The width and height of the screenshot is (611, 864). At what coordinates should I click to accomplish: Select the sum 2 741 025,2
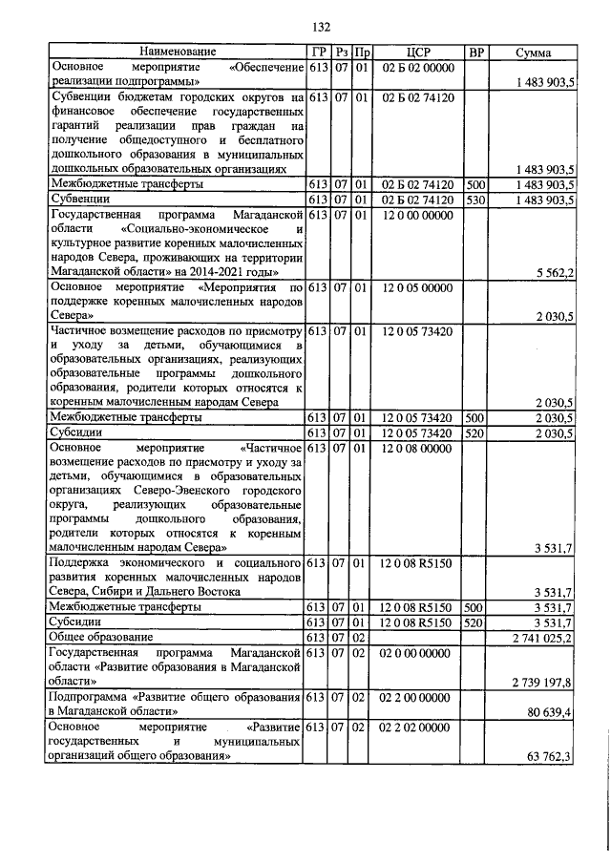pos(541,637)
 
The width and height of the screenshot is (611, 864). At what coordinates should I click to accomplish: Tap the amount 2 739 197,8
pos(541,683)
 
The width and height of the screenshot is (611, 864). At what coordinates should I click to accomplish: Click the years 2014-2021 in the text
pos(209,273)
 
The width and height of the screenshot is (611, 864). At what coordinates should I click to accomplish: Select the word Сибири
pos(111,592)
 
